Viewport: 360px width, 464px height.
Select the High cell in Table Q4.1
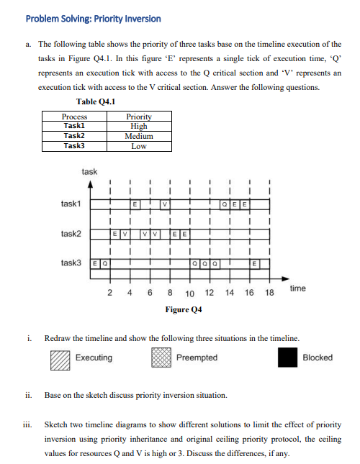139,126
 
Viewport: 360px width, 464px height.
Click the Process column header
75,117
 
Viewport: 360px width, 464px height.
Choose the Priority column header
139,117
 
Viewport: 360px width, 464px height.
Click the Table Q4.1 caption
96,101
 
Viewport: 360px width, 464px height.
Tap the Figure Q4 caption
184,310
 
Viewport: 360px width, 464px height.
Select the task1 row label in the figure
72,204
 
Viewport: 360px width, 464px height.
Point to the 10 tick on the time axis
189,294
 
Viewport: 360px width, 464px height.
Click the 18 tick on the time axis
269,294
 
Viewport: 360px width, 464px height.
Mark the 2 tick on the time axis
109,294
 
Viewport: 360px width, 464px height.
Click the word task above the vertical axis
89,172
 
